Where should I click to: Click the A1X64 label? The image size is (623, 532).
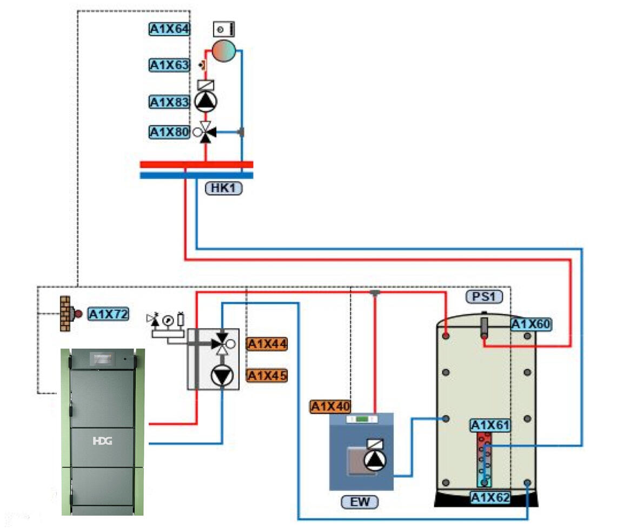pos(169,29)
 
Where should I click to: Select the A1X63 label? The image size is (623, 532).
pos(169,65)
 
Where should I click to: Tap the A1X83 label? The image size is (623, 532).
pos(169,102)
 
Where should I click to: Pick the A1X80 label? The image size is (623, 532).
pos(169,132)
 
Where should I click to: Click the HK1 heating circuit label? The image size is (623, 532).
pos(223,188)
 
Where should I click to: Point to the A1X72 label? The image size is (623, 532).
pos(109,314)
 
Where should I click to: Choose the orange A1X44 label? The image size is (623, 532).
pos(267,344)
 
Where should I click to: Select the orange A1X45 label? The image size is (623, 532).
pos(267,375)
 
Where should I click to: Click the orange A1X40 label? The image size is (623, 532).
pos(330,407)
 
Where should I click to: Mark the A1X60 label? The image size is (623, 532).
pos(531,324)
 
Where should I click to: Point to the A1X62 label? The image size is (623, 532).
pos(490,497)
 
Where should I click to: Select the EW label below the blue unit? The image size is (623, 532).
pos(360,502)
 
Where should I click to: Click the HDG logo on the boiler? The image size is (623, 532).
pos(101,441)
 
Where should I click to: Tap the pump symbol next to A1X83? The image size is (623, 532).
pos(206,101)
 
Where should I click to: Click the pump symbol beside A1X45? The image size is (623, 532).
pos(221,375)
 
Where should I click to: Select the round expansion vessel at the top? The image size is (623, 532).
pos(223,50)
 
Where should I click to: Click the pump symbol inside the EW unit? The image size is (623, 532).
pos(375,460)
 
